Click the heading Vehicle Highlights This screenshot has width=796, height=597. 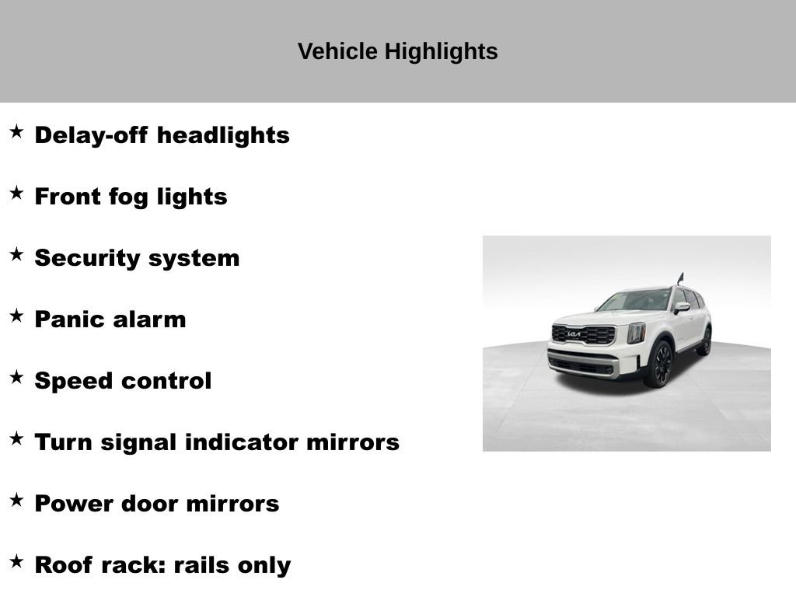click(397, 51)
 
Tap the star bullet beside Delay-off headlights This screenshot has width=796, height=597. click(16, 132)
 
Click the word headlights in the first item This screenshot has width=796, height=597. click(223, 135)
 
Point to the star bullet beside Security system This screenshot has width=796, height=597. click(16, 255)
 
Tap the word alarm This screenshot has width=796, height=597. click(152, 319)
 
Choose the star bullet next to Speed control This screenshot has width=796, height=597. click(16, 378)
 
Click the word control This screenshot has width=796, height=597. click(168, 381)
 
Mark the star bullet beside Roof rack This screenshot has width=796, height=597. click(16, 562)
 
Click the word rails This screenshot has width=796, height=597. click(201, 565)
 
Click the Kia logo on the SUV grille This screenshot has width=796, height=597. click(574, 334)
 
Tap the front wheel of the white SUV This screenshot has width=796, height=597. click(660, 365)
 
